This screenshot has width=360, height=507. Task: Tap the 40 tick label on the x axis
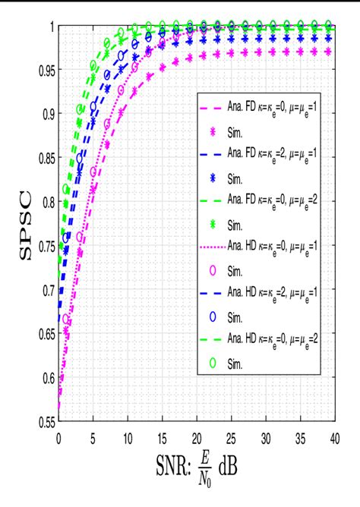pos(333,438)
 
